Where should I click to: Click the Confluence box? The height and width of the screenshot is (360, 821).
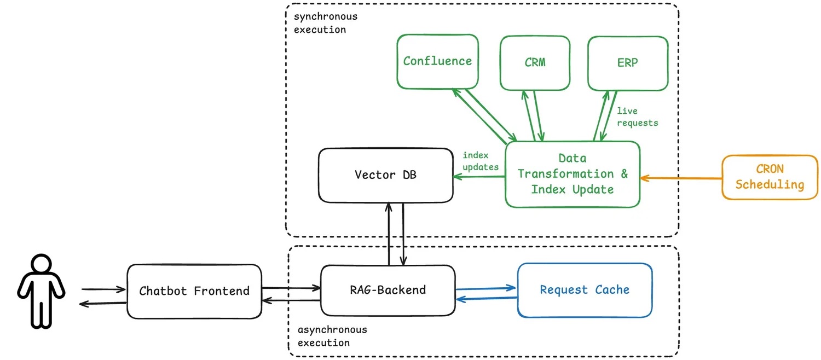[x=437, y=61]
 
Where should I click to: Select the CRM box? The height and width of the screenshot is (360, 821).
[x=535, y=62]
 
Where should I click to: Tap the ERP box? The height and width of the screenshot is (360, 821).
[x=627, y=62]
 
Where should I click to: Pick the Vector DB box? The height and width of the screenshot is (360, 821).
[x=386, y=175]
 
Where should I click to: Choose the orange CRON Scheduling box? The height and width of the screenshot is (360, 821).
[x=769, y=177]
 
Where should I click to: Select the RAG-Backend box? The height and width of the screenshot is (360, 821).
[x=388, y=290]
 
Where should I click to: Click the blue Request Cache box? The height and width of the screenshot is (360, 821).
[x=585, y=290]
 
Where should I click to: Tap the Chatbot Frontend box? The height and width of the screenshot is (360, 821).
[x=194, y=291]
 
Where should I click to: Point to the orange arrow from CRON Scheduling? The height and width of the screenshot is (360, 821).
[x=681, y=178]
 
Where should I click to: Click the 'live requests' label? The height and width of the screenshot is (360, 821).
[x=637, y=117]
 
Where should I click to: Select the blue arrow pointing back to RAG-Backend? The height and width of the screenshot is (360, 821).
[x=486, y=299]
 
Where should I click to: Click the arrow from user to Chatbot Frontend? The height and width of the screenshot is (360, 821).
[x=103, y=289]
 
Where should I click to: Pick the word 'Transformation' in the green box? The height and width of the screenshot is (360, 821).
[x=558, y=174]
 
